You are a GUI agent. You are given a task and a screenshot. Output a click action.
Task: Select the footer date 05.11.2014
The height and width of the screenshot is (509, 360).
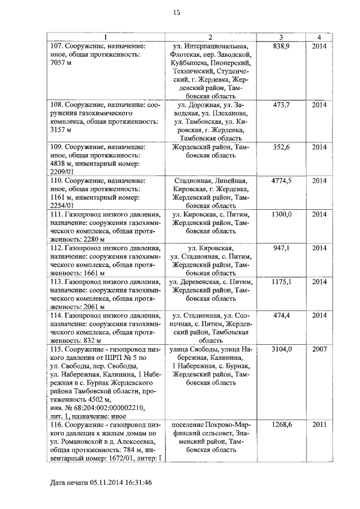[x=96, y=483]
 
